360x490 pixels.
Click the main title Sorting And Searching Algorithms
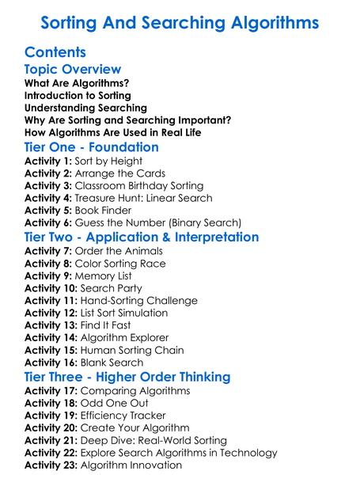pyautogui.click(x=180, y=21)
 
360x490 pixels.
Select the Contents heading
pyautogui.click(x=55, y=52)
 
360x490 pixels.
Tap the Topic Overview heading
pyautogui.click(x=73, y=70)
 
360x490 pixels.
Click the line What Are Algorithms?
pyautogui.click(x=77, y=83)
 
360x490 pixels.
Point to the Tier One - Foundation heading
pyautogui.click(x=92, y=147)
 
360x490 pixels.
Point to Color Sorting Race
pyautogui.click(x=120, y=263)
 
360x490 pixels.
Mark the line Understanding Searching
pyautogui.click(x=85, y=108)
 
